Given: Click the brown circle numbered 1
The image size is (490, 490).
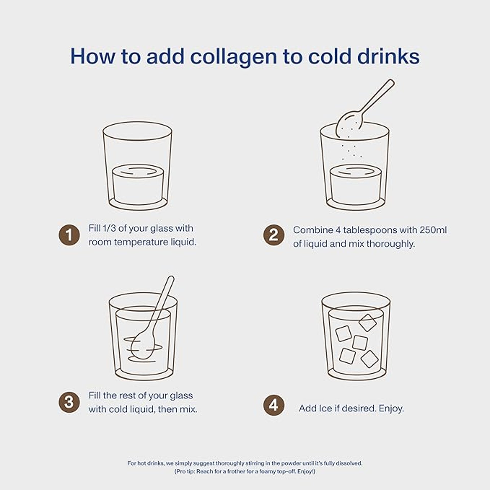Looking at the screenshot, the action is coord(69,235).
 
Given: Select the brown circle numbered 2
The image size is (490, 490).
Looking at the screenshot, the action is coord(274,235).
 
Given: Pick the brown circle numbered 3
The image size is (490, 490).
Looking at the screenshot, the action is coord(69,402).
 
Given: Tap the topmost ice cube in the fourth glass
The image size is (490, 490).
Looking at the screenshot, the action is coord(368,323).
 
